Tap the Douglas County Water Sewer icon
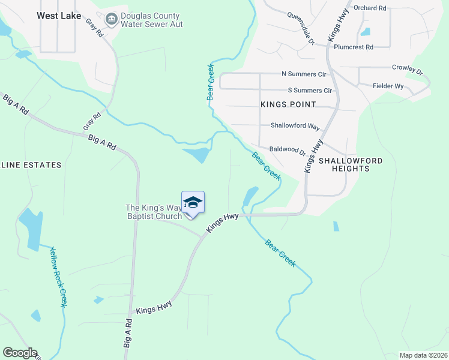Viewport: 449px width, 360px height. point(111,20)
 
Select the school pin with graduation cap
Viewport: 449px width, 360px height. point(193,203)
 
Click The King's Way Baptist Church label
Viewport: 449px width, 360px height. point(153,212)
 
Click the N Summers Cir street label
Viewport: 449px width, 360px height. point(304,74)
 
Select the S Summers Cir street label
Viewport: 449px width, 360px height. point(310,90)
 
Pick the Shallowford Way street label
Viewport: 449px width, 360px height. point(295,126)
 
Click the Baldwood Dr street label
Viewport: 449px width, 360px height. point(288,151)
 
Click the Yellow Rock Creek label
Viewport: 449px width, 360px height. point(58,277)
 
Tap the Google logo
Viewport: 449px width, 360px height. point(19,353)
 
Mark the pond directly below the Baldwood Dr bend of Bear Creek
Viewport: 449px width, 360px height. point(250,196)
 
